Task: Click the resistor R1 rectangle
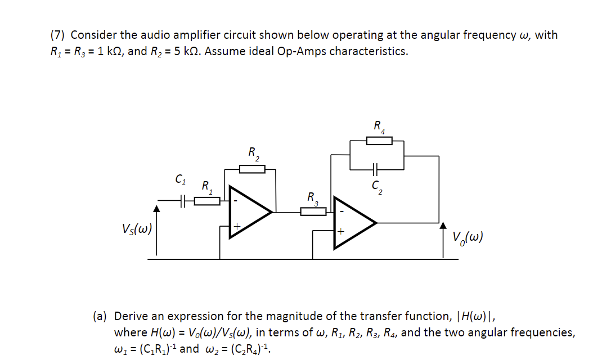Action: pos(207,200)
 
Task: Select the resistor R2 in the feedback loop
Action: pos(251,169)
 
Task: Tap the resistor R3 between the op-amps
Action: pos(313,211)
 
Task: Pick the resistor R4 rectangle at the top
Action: pos(379,141)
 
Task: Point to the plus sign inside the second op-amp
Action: pos(341,231)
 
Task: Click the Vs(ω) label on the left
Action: pos(136,229)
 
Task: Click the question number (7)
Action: pos(58,35)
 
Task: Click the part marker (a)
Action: pos(101,316)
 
